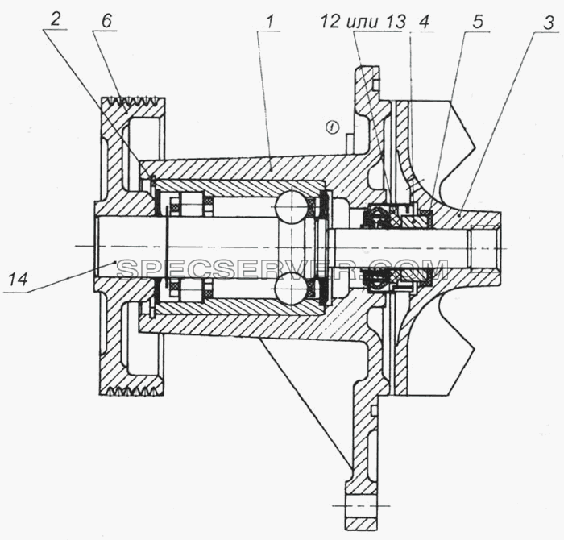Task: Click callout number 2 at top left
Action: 55,19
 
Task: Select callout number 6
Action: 106,20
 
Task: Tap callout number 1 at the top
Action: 270,22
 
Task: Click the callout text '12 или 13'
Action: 363,22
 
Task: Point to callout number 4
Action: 425,22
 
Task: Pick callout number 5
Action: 477,22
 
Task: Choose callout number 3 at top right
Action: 548,23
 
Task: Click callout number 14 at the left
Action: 18,279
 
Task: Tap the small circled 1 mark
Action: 332,127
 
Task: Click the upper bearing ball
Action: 292,207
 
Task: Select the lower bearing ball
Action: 292,289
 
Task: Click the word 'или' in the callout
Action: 363,23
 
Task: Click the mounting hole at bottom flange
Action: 362,505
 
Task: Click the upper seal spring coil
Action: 376,217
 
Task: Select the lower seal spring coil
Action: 376,278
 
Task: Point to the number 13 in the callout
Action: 396,22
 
